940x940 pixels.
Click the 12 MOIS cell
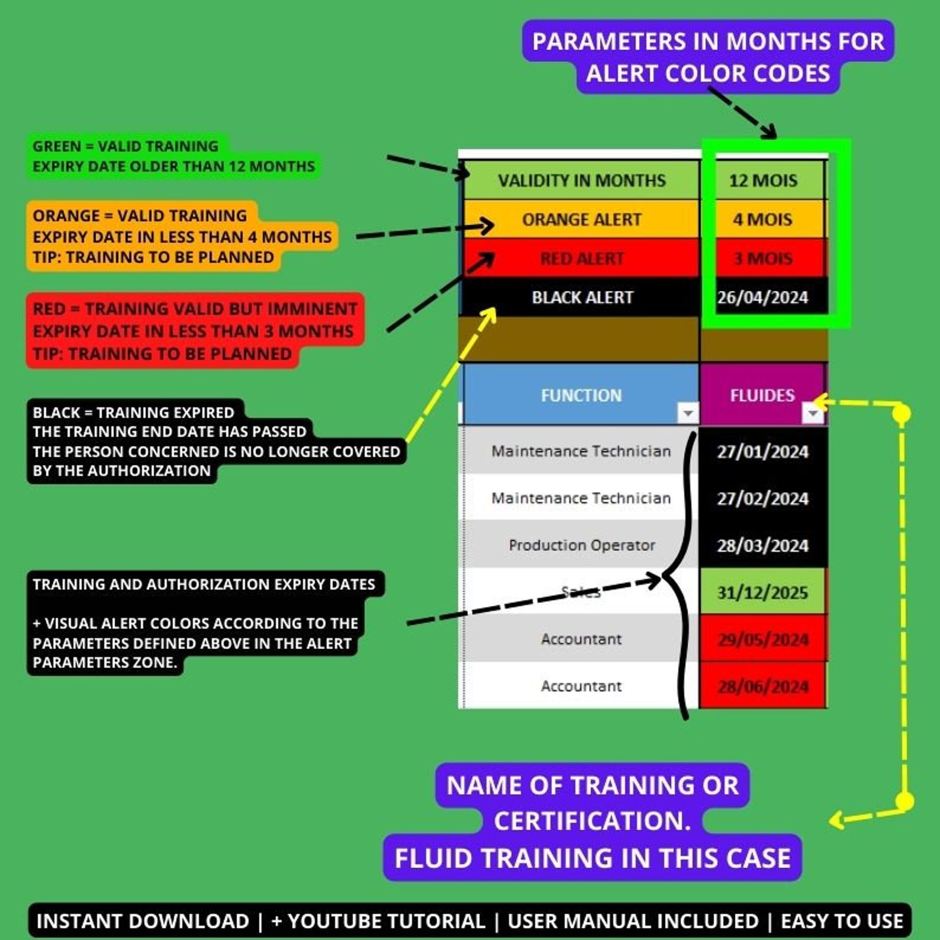tap(763, 180)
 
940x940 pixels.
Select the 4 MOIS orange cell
tap(763, 220)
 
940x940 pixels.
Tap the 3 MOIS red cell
tap(763, 259)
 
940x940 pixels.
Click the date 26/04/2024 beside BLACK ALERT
tap(763, 297)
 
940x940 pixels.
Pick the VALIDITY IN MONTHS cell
tap(581, 180)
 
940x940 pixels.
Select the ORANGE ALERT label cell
tap(581, 220)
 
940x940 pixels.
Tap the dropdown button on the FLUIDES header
tap(813, 413)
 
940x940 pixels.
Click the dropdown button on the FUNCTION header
tap(688, 413)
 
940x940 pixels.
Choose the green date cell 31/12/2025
tap(762, 592)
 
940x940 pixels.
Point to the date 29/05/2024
tap(762, 639)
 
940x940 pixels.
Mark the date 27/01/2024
tap(762, 452)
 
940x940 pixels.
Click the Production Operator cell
tap(581, 545)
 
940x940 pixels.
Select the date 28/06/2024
tap(762, 686)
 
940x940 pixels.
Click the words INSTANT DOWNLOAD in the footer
tap(143, 921)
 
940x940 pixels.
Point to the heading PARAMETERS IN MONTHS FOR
tap(708, 41)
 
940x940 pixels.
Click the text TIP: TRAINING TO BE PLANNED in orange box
tap(153, 257)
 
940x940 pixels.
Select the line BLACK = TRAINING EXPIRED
tap(134, 412)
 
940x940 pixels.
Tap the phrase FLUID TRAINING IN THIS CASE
tap(593, 858)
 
